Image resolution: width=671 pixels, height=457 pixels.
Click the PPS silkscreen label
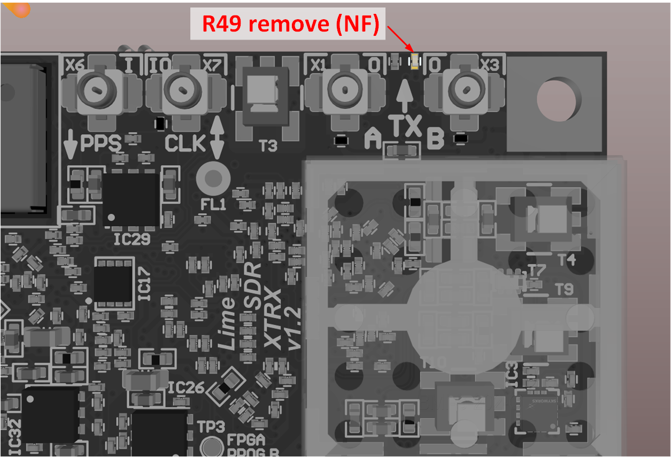click(101, 143)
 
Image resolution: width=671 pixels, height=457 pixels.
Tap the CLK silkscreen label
click(185, 143)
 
